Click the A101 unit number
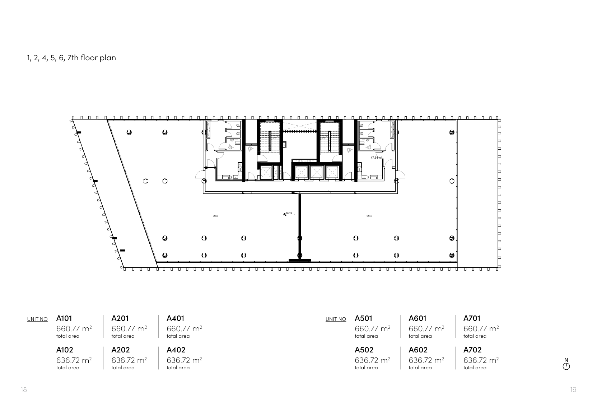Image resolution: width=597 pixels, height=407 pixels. pyautogui.click(x=64, y=318)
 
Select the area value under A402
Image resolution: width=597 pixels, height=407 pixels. pyautogui.click(x=184, y=360)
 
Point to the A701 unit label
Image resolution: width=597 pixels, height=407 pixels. pyautogui.click(x=472, y=318)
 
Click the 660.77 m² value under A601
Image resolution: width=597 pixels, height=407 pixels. pyautogui.click(x=426, y=329)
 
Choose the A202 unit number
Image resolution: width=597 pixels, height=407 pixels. pyautogui.click(x=121, y=350)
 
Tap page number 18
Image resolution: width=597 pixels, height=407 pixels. pyautogui.click(x=24, y=390)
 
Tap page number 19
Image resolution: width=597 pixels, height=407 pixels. pyautogui.click(x=573, y=390)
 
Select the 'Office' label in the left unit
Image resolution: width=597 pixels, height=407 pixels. pyautogui.click(x=215, y=216)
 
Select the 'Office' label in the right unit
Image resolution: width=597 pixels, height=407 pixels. pyautogui.click(x=369, y=216)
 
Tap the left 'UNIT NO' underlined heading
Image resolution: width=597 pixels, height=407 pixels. pyautogui.click(x=37, y=319)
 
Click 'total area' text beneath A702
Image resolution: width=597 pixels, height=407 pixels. pyautogui.click(x=475, y=368)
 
